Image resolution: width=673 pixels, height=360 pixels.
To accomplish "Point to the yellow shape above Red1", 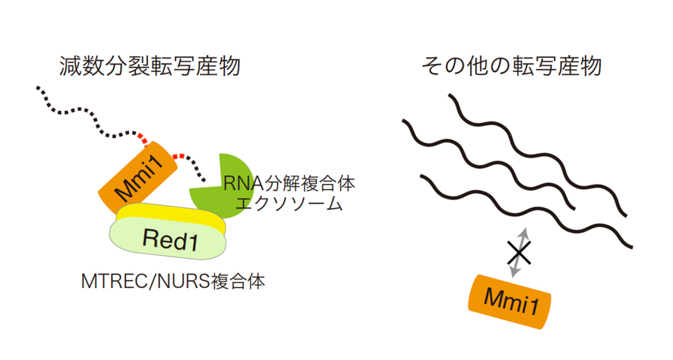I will pyautogui.click(x=168, y=215).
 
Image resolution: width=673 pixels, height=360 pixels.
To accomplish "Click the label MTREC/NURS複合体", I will pyautogui.click(x=173, y=281).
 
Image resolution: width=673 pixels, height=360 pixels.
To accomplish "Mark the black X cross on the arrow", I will pyautogui.click(x=518, y=253).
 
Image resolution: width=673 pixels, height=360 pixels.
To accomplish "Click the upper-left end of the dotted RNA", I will pyautogui.click(x=38, y=88).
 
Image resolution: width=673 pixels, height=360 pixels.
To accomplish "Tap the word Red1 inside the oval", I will pyautogui.click(x=170, y=240).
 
